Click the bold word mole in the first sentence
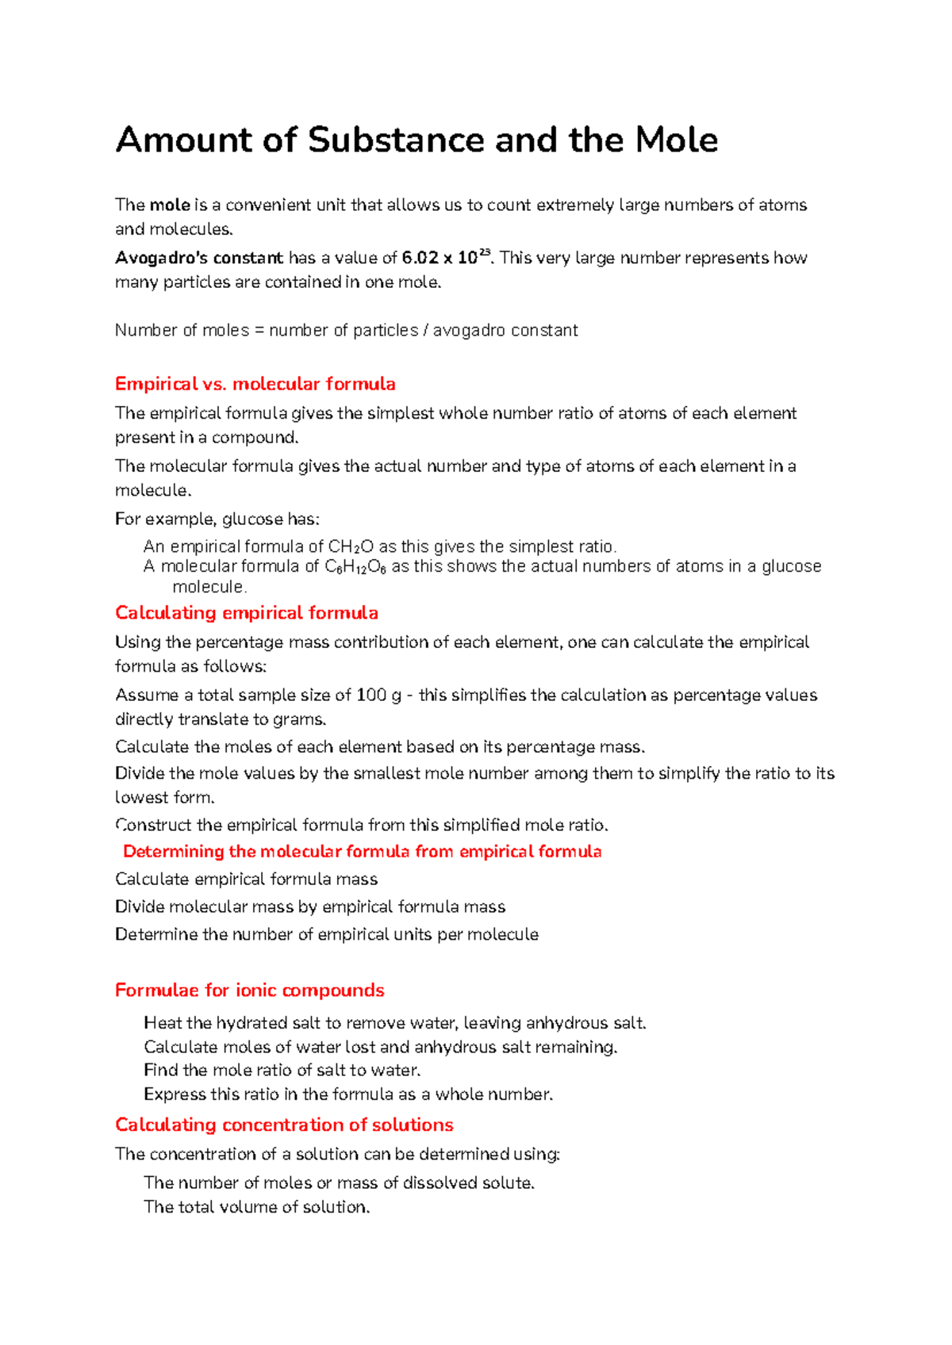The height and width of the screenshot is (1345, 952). [x=170, y=205]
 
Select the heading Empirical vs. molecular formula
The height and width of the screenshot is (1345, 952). [x=255, y=384]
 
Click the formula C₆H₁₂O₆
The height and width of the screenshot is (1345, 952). [x=355, y=567]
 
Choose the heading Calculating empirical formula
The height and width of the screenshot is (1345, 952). [x=246, y=613]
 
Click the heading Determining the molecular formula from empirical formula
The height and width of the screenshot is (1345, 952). [x=362, y=852]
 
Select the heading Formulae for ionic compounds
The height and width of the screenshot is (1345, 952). [x=249, y=991]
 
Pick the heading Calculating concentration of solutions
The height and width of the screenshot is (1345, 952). [x=284, y=1125]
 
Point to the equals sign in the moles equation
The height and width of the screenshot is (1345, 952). [x=259, y=331]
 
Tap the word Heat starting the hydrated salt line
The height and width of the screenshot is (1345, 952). [x=163, y=1023]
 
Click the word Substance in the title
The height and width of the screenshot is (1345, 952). [x=396, y=140]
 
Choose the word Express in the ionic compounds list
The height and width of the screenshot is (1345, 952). [x=175, y=1094]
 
